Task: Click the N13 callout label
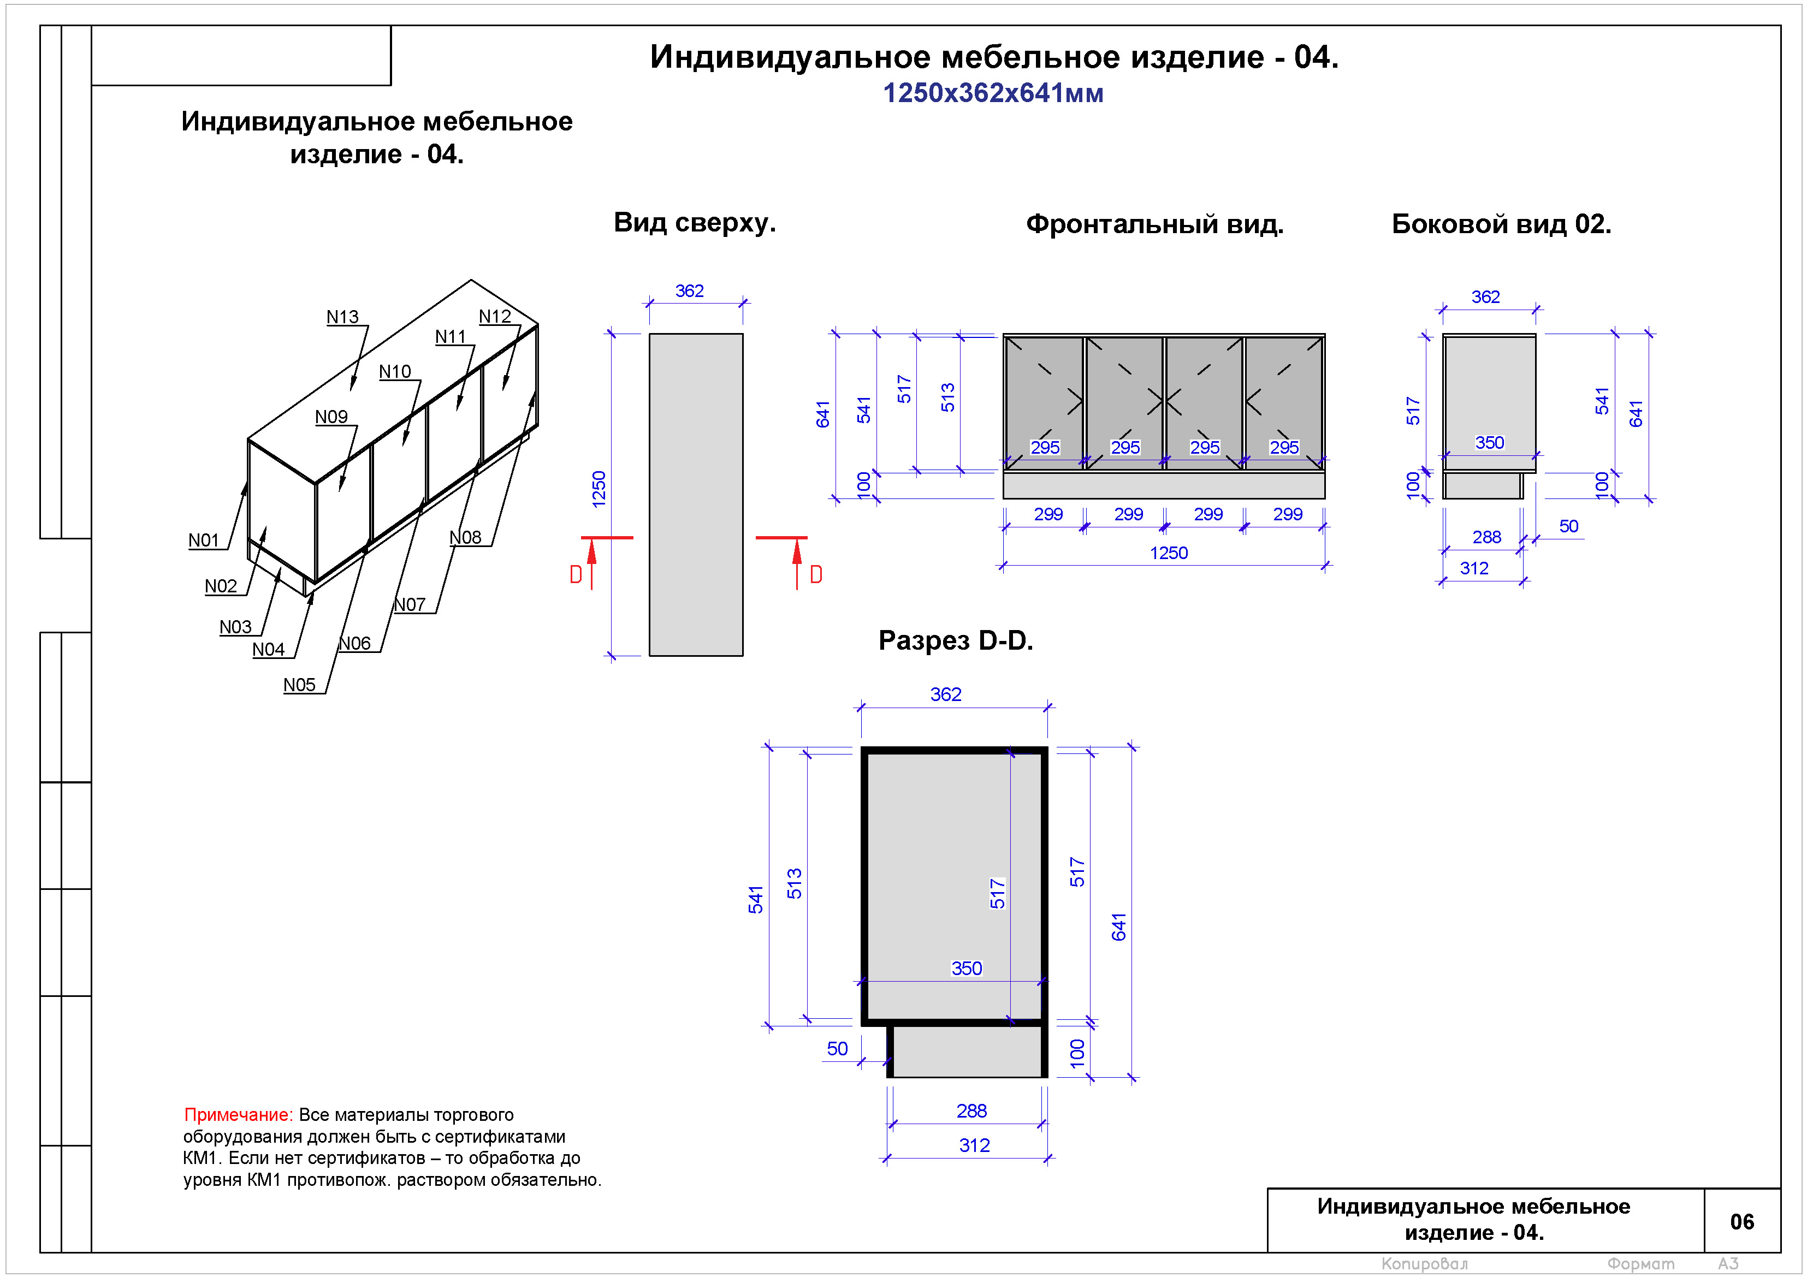342,317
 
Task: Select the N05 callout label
299,685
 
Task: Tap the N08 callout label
465,537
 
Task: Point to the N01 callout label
203,541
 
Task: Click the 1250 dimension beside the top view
599,489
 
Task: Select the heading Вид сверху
694,223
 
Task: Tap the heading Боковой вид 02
1501,224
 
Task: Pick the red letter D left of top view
576,575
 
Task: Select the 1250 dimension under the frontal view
1168,553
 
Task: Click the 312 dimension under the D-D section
974,1145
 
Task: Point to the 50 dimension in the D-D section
837,1049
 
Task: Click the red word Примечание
238,1115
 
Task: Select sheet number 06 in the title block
1741,1222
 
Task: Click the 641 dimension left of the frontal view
823,414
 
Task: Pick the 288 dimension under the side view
1486,537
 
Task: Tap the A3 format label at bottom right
1728,1264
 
